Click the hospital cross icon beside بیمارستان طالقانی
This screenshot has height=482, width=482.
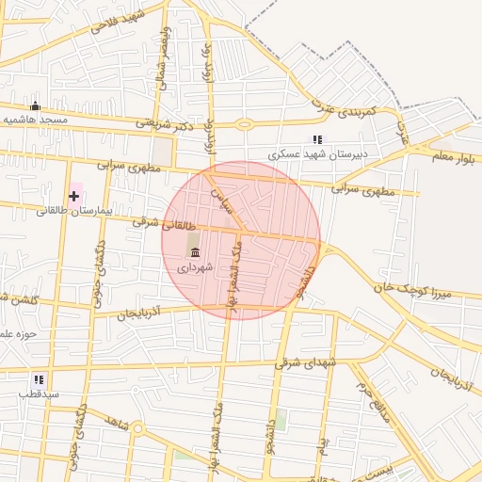[x=74, y=196]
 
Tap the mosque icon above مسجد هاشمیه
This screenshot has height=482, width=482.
[x=36, y=106]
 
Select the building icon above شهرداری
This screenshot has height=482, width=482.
[x=195, y=251]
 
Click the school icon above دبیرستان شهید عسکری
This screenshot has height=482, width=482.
[x=318, y=139]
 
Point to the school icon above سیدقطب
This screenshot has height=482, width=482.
[x=38, y=379]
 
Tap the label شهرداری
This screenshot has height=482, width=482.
[x=195, y=266]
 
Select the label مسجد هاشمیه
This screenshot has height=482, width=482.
[x=35, y=120]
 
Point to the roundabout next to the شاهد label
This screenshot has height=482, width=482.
[x=137, y=429]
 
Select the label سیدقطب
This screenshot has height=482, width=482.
[x=39, y=394]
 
